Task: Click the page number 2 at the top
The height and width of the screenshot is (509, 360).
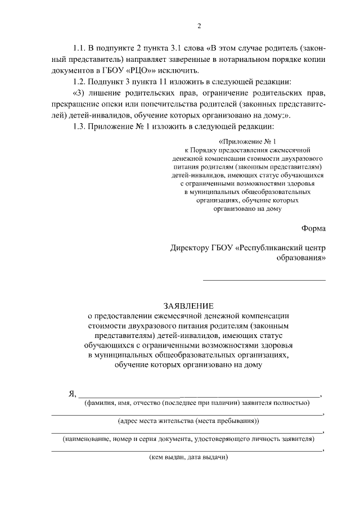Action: [199, 26]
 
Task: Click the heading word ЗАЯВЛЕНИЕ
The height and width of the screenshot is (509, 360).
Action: [188, 307]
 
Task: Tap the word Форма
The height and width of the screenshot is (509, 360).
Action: [313, 228]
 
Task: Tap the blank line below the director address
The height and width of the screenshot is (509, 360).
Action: [264, 280]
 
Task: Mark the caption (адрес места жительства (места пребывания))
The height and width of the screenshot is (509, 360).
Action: [188, 420]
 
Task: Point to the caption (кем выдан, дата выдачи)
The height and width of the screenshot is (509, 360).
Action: [188, 457]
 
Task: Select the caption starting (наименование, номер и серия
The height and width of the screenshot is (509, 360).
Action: [188, 439]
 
